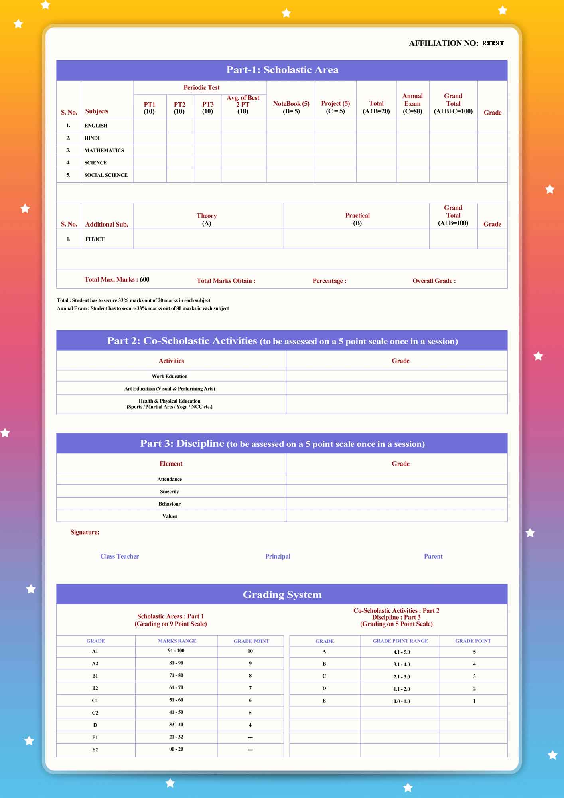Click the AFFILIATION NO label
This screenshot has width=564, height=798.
(x=444, y=43)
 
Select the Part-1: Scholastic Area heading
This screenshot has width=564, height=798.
(x=282, y=70)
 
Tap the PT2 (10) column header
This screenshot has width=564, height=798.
(x=179, y=108)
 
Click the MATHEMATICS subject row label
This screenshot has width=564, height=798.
(x=104, y=150)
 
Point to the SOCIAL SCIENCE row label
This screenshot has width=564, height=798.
(x=106, y=175)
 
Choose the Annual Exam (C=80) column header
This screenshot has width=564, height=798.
(x=412, y=103)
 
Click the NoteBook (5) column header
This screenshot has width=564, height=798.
(x=291, y=107)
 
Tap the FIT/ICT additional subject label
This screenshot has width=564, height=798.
(x=95, y=239)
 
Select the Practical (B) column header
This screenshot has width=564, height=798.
(x=357, y=219)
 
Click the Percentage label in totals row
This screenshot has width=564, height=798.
(x=329, y=281)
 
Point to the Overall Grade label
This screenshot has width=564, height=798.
(x=434, y=281)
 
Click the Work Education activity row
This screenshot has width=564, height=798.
(x=170, y=376)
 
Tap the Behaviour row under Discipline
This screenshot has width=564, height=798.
(x=170, y=504)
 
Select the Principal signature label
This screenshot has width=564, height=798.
(x=278, y=556)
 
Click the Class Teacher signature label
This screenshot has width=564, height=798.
(x=119, y=556)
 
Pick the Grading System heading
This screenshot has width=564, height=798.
(x=282, y=595)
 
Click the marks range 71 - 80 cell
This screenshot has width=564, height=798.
(x=176, y=675)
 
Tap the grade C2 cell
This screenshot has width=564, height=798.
(x=95, y=713)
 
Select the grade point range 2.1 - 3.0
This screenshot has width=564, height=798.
(x=402, y=677)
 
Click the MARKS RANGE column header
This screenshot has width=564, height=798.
(x=177, y=641)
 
